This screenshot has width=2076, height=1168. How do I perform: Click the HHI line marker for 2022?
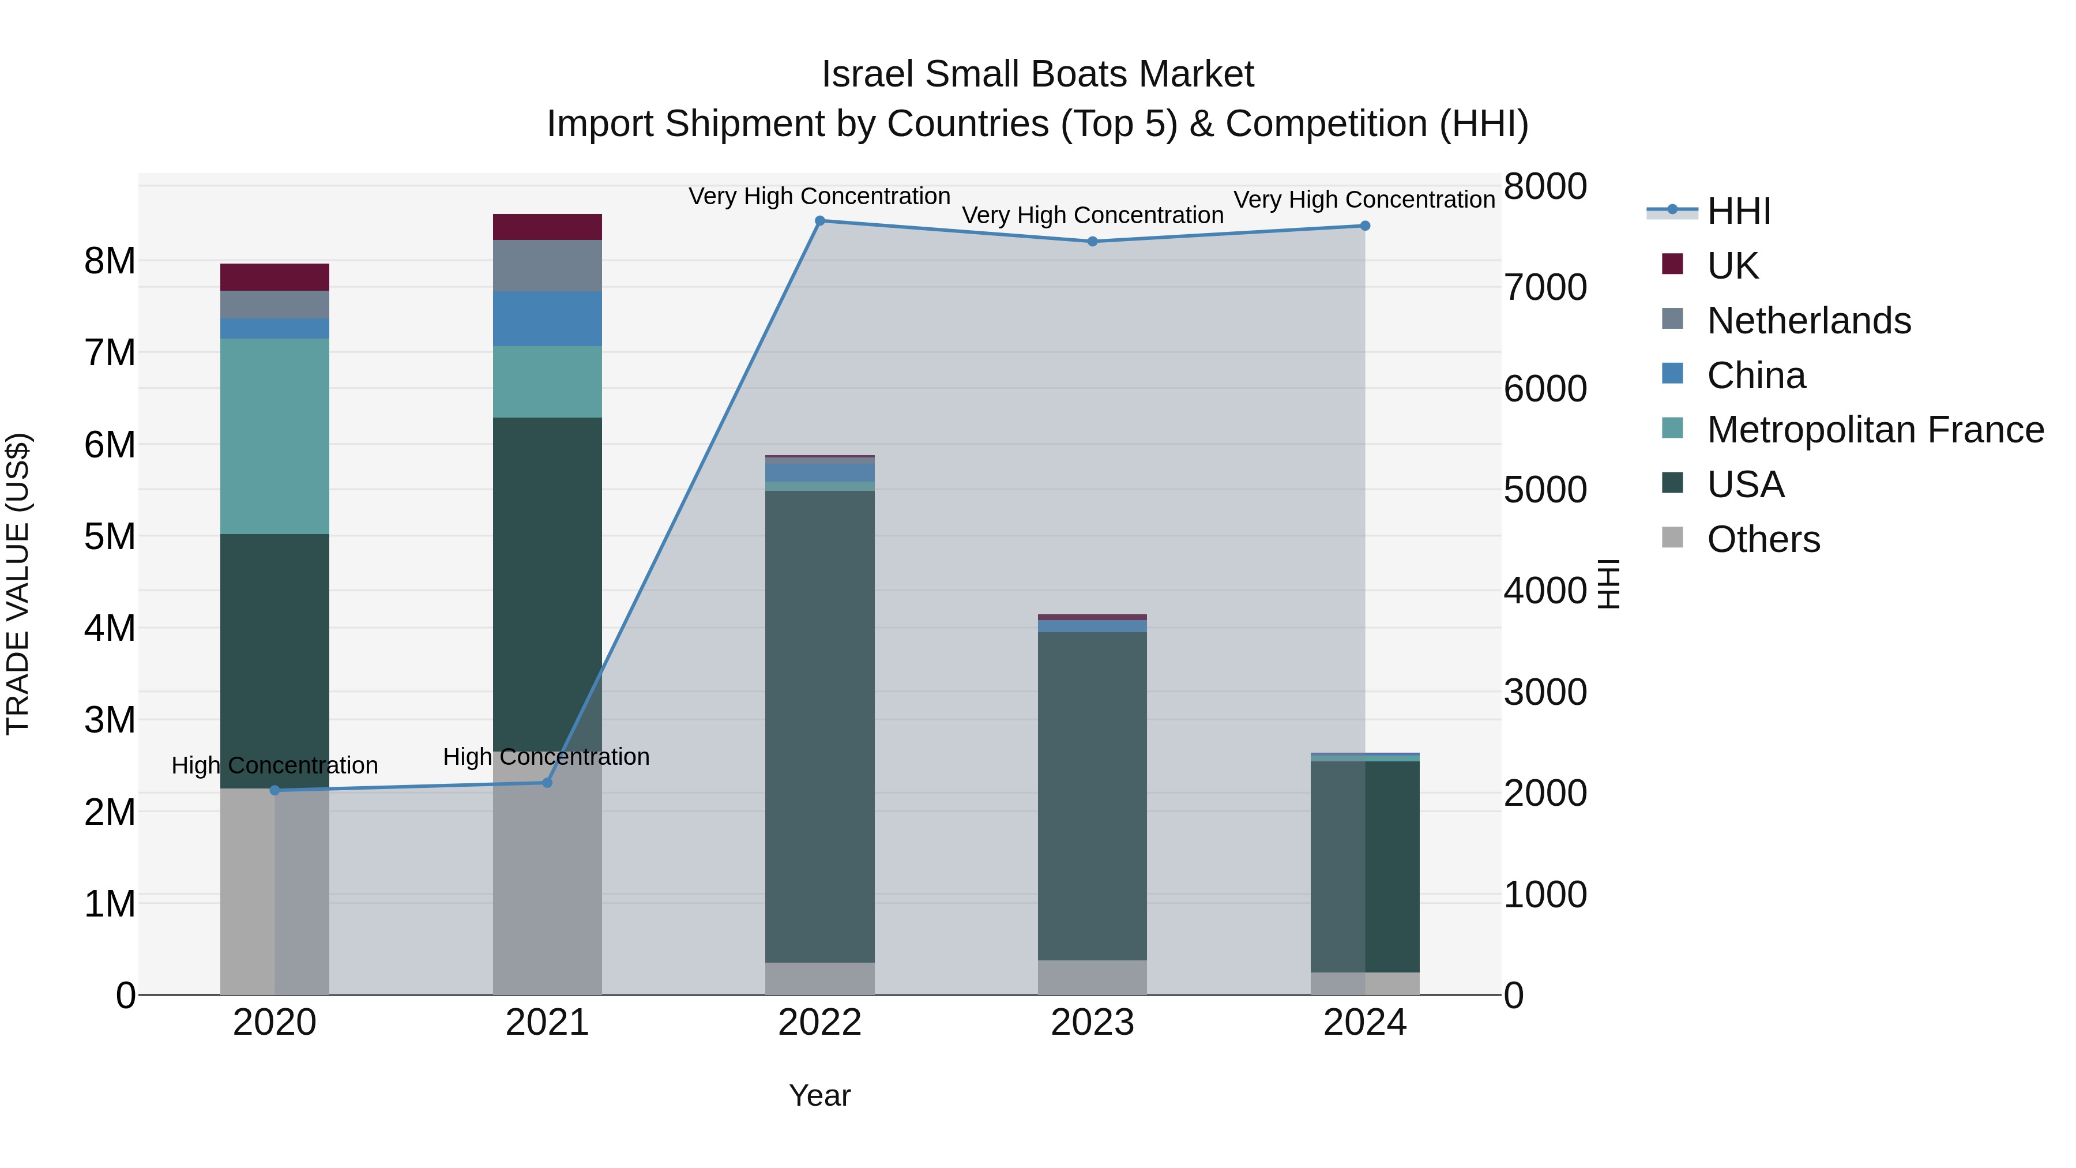[819, 221]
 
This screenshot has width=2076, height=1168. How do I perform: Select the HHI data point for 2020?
[275, 790]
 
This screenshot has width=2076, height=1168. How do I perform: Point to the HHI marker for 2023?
[1092, 242]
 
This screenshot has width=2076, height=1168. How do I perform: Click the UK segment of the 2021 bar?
[547, 227]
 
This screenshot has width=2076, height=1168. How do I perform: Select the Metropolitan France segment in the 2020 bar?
[275, 436]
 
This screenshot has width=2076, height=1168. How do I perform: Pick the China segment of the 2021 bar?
[547, 318]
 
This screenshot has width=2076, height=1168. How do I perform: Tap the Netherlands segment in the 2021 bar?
[547, 266]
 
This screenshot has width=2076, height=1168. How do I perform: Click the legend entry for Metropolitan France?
[1875, 430]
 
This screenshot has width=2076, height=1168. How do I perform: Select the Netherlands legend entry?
[1808, 321]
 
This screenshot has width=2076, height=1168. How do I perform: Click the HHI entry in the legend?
[1738, 211]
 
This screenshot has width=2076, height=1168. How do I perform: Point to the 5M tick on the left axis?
[110, 536]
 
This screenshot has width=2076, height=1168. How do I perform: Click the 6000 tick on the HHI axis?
[1545, 389]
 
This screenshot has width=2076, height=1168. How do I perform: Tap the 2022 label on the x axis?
[819, 1023]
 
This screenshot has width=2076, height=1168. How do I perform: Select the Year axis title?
[819, 1095]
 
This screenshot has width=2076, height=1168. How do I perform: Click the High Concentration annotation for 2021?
[547, 757]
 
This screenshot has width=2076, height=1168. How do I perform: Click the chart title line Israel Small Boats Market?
[1037, 74]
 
